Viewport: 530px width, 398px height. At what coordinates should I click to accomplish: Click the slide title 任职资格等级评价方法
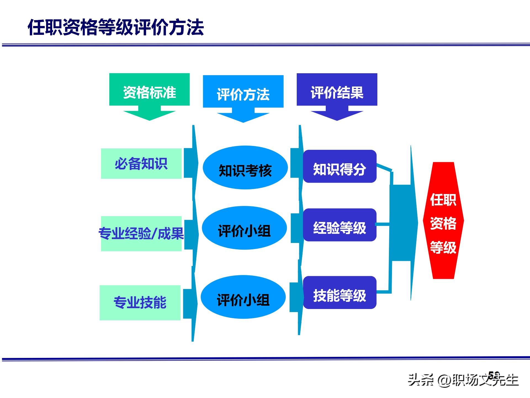point(116,28)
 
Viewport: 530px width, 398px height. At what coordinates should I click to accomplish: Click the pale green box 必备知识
point(141,164)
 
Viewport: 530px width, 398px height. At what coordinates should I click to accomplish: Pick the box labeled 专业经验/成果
point(141,234)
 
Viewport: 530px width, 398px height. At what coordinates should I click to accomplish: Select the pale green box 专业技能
point(140,303)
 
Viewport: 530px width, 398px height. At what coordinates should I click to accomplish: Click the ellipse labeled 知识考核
point(245,168)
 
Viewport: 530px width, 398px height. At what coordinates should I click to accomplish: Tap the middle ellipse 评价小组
point(244,228)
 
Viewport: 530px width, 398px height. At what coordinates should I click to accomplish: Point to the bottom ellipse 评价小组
point(243,297)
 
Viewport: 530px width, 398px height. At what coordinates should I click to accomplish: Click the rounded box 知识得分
point(340,166)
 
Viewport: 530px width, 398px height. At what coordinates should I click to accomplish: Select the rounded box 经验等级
point(340,225)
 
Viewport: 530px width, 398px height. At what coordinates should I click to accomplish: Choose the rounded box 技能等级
point(340,292)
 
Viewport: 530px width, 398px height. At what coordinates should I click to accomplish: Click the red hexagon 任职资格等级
point(443,221)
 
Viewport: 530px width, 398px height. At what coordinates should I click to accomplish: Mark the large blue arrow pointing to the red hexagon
point(403,222)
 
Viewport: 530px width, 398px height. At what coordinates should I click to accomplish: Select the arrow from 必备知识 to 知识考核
point(191,163)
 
